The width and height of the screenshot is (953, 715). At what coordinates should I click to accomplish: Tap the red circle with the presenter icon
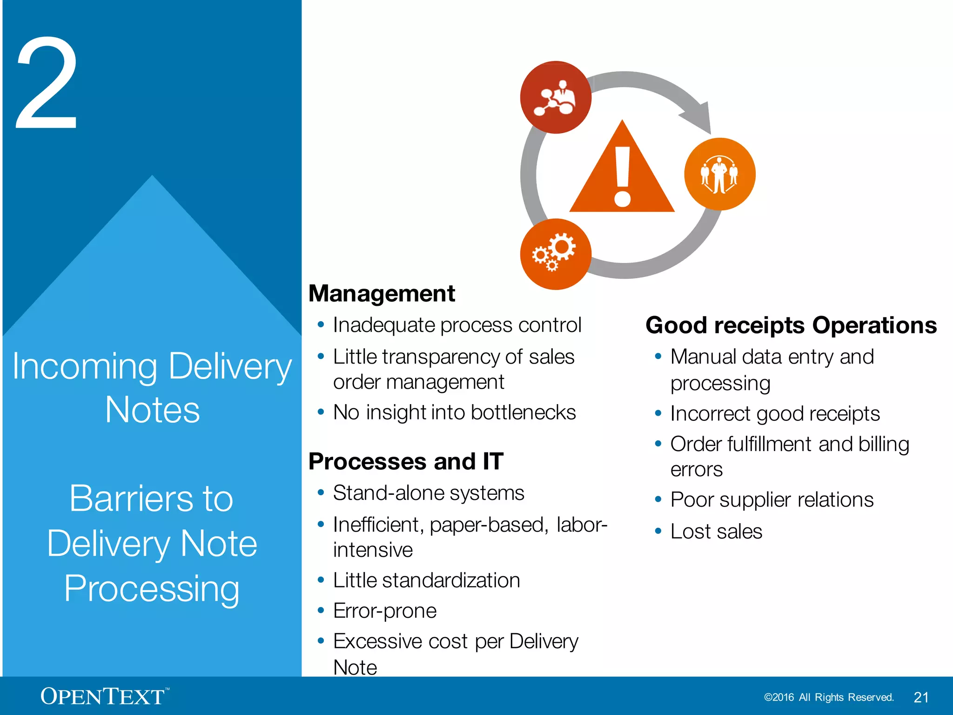pyautogui.click(x=556, y=97)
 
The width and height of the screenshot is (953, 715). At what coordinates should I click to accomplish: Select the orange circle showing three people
pyautogui.click(x=719, y=174)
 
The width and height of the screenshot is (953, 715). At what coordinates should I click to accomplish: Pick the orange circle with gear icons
pyautogui.click(x=556, y=254)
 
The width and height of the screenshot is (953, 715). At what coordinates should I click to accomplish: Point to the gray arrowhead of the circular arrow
pyautogui.click(x=698, y=116)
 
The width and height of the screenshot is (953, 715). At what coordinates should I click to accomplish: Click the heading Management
pyautogui.click(x=382, y=294)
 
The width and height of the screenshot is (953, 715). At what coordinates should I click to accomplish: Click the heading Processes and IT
pyautogui.click(x=406, y=462)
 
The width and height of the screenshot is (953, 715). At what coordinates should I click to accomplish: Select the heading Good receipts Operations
pyautogui.click(x=791, y=325)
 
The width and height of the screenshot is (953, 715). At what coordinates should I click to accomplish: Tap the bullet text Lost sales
pyautogui.click(x=716, y=532)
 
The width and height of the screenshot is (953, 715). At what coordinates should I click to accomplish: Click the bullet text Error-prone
pyautogui.click(x=385, y=611)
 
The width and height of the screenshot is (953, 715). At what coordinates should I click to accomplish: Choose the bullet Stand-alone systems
pyautogui.click(x=429, y=493)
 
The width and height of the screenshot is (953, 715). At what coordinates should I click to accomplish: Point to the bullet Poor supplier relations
pyautogui.click(x=772, y=500)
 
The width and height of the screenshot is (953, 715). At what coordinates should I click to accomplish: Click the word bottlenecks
pyautogui.click(x=523, y=412)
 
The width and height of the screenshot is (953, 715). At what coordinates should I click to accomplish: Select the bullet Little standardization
pyautogui.click(x=426, y=580)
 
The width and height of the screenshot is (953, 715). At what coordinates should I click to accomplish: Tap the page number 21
pyautogui.click(x=921, y=697)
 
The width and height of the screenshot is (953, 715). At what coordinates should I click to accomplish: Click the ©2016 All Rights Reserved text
pyautogui.click(x=829, y=697)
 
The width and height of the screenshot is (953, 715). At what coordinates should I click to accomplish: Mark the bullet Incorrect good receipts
pyautogui.click(x=775, y=414)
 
